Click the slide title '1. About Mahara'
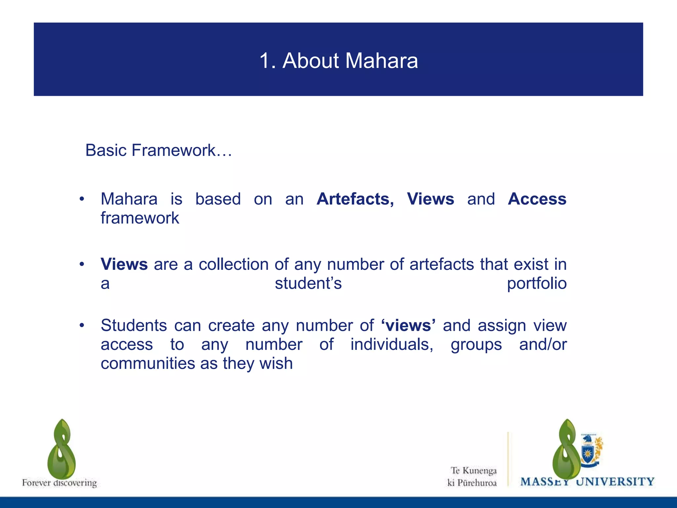(x=338, y=61)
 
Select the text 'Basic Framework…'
(x=159, y=150)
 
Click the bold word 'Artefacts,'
(x=355, y=199)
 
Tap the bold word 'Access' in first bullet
(x=537, y=199)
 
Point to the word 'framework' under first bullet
(x=140, y=218)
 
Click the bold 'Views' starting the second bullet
(x=124, y=264)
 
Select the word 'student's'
(x=308, y=283)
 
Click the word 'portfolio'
(x=537, y=283)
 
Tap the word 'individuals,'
(x=392, y=345)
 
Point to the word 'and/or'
(x=543, y=345)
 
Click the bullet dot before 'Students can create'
(x=82, y=325)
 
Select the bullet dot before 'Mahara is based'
(x=82, y=199)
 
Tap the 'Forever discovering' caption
(x=60, y=483)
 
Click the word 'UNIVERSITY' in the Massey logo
(x=615, y=482)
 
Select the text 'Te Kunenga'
(x=474, y=470)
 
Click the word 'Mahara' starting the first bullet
(x=129, y=199)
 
